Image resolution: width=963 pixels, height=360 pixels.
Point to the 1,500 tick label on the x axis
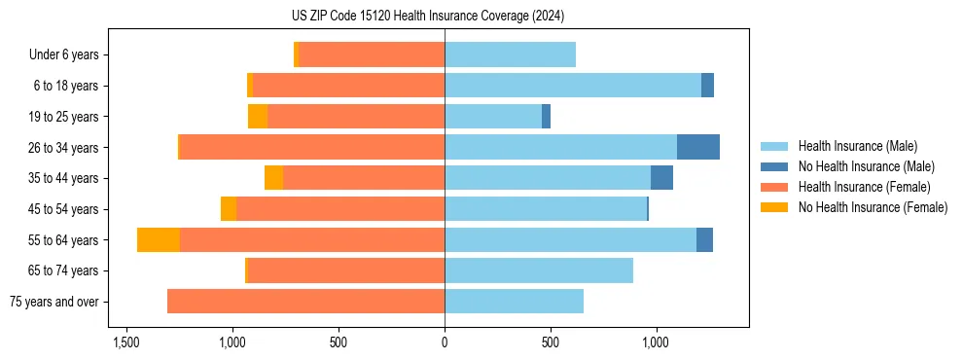click(x=126, y=343)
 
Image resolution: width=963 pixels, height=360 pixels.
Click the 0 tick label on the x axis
click(x=445, y=343)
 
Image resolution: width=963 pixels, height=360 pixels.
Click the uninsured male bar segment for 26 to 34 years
click(x=698, y=147)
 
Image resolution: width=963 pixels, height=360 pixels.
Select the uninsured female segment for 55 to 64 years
click(x=159, y=240)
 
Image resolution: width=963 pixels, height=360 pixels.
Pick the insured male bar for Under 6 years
click(x=510, y=55)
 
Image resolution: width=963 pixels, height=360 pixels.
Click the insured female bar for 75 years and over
click(x=305, y=302)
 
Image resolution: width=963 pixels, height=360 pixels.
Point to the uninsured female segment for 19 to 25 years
click(x=258, y=117)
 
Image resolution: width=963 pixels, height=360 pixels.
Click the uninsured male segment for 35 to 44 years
click(x=661, y=178)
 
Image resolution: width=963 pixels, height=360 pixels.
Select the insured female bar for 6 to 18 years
click(x=348, y=86)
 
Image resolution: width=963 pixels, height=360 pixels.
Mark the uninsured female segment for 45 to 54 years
click(x=229, y=209)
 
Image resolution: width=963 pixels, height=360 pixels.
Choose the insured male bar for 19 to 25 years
click(x=493, y=117)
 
